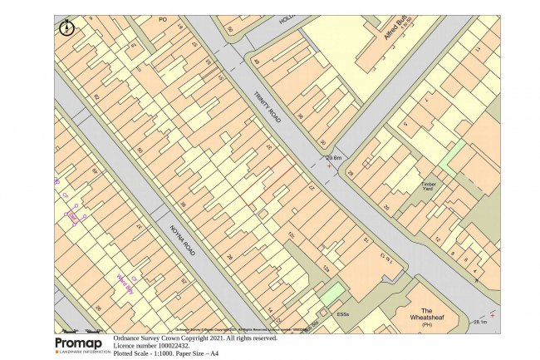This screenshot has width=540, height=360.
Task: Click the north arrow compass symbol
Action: coord(66,27)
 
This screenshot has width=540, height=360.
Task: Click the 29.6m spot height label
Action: coord(334,157)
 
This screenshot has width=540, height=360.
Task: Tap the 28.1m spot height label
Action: coord(481,322)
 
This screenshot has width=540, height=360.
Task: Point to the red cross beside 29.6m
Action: coord(330,166)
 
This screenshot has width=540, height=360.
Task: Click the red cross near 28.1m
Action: coord(493,315)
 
